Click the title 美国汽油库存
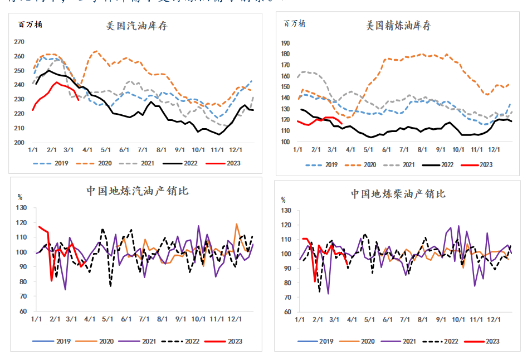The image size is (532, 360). pyautogui.click(x=137, y=26)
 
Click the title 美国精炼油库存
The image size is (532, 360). pyautogui.click(x=398, y=26)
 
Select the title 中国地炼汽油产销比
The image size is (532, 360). pyautogui.click(x=137, y=191)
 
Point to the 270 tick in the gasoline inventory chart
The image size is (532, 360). pyautogui.click(x=19, y=42)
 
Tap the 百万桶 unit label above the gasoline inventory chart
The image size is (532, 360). pyautogui.click(x=30, y=24)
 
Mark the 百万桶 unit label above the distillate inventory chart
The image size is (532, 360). pyautogui.click(x=294, y=23)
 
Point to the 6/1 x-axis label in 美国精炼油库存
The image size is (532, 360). pyautogui.click(x=386, y=150)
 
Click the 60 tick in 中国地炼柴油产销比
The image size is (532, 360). pyautogui.click(x=286, y=312)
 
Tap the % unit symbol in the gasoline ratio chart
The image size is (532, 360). pyautogui.click(x=20, y=197)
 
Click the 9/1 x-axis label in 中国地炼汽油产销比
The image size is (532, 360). pyautogui.click(x=181, y=319)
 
